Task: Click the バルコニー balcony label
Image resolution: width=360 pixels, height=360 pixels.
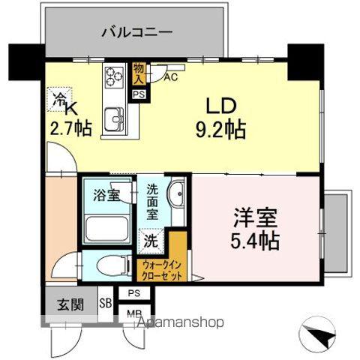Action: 136,33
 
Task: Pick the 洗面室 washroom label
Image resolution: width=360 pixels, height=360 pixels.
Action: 152,201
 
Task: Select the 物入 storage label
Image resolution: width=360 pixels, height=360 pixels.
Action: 139,73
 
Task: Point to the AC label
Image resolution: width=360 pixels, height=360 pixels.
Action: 170,76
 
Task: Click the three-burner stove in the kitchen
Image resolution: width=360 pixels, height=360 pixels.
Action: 114,76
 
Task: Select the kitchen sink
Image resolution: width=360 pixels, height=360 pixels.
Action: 115,118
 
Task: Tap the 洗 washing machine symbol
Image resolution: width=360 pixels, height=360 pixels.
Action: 151,242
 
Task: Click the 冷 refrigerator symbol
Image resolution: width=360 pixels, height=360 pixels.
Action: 58,97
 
